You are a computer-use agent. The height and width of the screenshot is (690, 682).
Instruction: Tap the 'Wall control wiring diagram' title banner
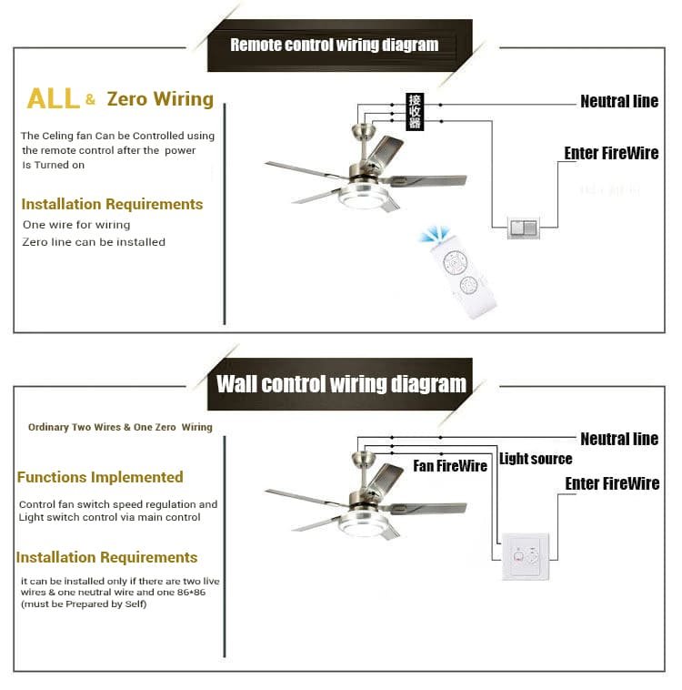click(341, 383)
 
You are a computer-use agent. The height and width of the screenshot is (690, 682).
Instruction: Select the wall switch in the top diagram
click(523, 228)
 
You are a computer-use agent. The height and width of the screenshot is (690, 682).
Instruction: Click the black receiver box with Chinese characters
click(415, 111)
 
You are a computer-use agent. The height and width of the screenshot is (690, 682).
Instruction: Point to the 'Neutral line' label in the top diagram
click(619, 101)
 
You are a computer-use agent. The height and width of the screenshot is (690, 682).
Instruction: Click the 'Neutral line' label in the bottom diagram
click(619, 439)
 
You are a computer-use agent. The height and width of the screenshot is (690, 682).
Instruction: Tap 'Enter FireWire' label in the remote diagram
click(611, 153)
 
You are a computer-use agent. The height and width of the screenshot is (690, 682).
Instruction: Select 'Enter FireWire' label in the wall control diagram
click(612, 483)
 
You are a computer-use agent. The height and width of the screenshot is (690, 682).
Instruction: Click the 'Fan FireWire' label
click(450, 466)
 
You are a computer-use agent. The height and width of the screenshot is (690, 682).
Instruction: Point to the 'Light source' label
click(536, 459)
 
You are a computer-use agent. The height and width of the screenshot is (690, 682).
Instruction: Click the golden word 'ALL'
click(53, 98)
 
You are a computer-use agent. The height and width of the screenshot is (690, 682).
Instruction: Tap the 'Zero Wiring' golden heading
click(160, 98)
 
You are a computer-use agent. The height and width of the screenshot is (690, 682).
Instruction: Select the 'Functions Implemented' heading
click(100, 477)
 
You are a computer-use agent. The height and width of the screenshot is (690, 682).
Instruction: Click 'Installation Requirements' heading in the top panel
click(112, 204)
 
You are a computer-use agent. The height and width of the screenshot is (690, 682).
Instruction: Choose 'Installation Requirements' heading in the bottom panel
click(106, 557)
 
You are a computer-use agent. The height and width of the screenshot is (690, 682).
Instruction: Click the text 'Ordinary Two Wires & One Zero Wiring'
click(120, 427)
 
